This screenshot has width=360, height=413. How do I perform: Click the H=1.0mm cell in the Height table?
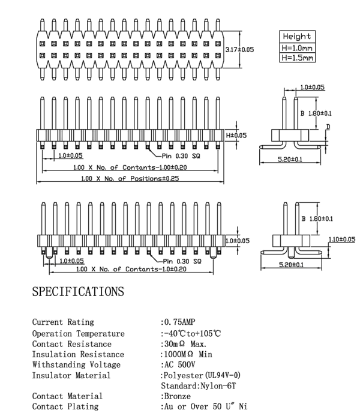297,48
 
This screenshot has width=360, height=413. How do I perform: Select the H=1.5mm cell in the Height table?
297,58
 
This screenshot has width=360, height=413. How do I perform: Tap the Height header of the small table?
297,37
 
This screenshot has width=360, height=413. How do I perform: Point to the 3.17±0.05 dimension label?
239,49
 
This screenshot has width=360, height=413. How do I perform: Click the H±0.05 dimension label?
236,136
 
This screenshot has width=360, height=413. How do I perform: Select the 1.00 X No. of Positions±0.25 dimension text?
130,178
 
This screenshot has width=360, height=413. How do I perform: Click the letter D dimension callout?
328,127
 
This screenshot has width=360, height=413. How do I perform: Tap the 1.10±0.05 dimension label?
342,239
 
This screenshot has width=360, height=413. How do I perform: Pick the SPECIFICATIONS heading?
78,292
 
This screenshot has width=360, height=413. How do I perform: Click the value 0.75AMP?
180,322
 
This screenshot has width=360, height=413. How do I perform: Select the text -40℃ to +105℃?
192,334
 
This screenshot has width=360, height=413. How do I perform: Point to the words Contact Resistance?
71,344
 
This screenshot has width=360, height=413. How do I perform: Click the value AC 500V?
179,364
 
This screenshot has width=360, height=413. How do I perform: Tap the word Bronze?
177,396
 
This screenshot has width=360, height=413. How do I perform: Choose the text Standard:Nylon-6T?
199,386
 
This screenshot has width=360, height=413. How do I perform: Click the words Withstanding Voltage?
76,365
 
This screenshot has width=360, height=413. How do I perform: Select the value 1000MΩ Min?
188,354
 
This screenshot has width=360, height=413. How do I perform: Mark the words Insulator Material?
71,375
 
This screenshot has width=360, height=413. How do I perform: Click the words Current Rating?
63,322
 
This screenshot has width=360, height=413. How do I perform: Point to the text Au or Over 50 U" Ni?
206,406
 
